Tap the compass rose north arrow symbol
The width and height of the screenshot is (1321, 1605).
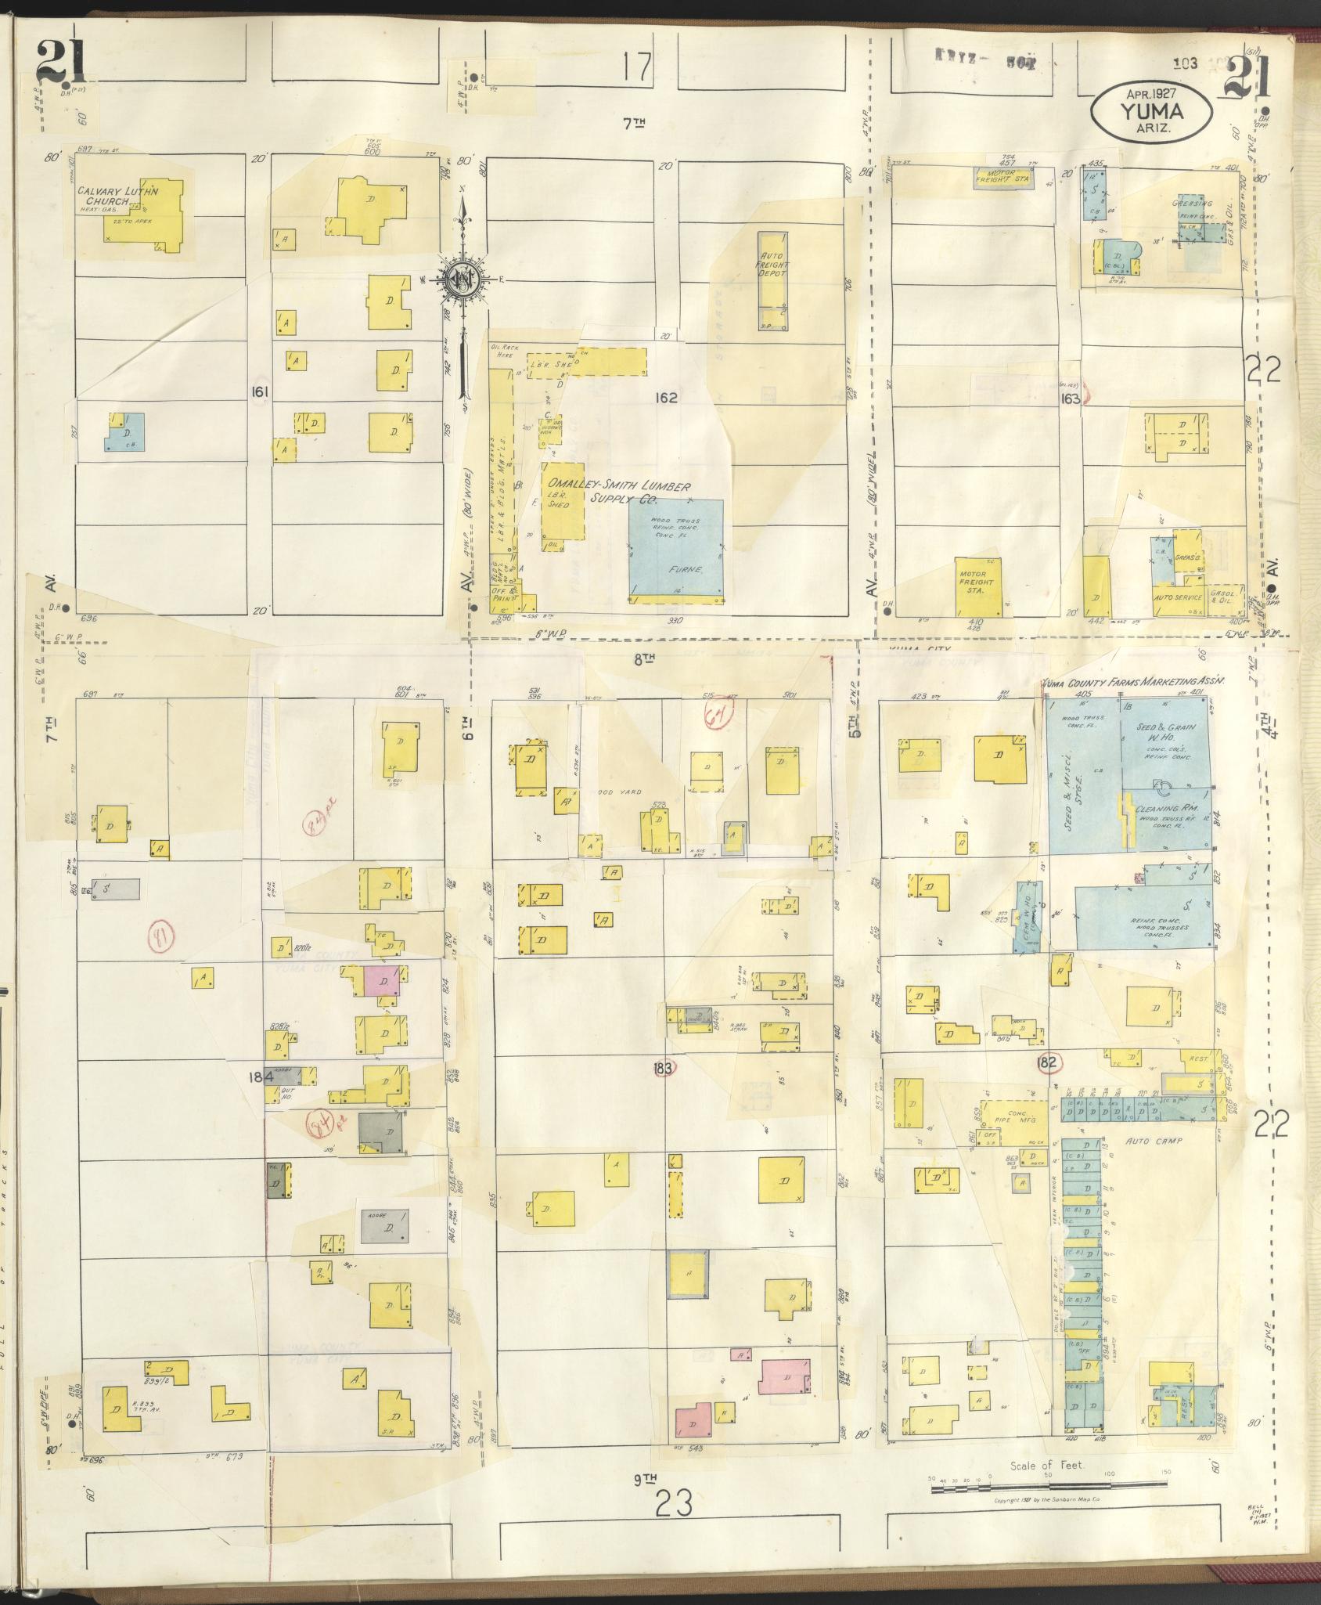point(463,280)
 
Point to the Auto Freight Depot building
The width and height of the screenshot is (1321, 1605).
point(772,280)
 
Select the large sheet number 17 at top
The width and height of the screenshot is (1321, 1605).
point(638,68)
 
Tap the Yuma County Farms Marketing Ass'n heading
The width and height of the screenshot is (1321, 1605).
point(1131,682)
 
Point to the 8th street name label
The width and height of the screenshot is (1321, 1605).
point(643,660)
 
